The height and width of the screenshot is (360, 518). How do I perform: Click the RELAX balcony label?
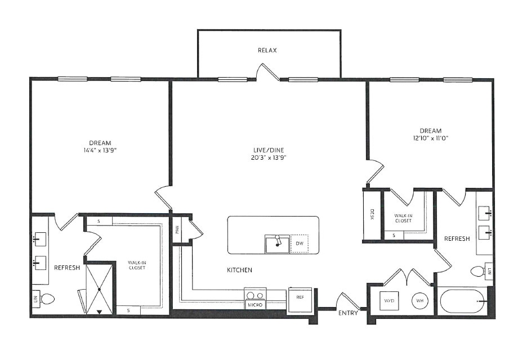[267, 51]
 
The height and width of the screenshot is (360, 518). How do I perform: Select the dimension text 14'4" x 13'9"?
[100, 151]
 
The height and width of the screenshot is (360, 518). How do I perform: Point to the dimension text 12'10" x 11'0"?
[430, 138]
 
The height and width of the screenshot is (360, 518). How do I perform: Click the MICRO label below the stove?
[255, 305]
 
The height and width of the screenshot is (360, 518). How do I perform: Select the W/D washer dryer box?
[388, 301]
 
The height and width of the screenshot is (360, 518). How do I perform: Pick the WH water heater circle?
[420, 301]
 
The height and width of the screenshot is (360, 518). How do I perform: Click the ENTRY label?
[348, 313]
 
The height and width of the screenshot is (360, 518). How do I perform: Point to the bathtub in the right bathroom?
[463, 302]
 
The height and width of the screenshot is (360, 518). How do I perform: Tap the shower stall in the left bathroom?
[99, 289]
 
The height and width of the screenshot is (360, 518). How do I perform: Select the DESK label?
[372, 214]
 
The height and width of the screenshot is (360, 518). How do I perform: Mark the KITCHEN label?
[239, 271]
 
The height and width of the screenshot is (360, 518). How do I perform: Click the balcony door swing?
[267, 71]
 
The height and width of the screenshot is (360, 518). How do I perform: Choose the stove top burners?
[255, 295]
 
